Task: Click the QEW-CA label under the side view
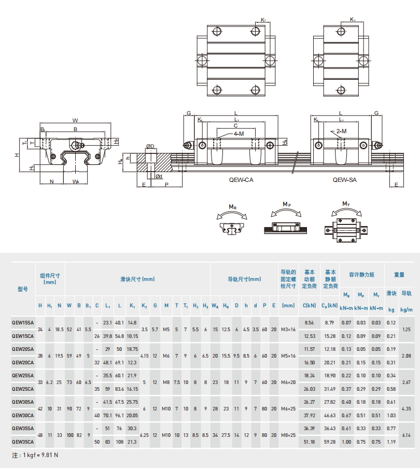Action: [241, 180]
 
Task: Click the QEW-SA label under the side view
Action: [344, 180]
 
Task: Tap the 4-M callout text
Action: [239, 134]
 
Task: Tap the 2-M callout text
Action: [342, 131]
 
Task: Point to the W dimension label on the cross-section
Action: [75, 121]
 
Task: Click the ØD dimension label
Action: [150, 147]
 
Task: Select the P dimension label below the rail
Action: [166, 185]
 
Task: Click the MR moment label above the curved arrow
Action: [232, 207]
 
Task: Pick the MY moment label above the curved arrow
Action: [346, 204]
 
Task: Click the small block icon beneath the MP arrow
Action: [285, 228]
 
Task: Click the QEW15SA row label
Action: [23, 323]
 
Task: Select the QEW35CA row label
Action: [23, 442]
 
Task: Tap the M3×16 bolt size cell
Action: [288, 330]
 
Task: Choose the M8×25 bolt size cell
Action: [288, 435]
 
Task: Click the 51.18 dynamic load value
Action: [310, 442]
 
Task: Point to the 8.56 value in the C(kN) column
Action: [310, 323]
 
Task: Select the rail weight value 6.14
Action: [407, 435]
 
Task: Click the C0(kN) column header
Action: [330, 306]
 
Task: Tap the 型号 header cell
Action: [23, 289]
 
